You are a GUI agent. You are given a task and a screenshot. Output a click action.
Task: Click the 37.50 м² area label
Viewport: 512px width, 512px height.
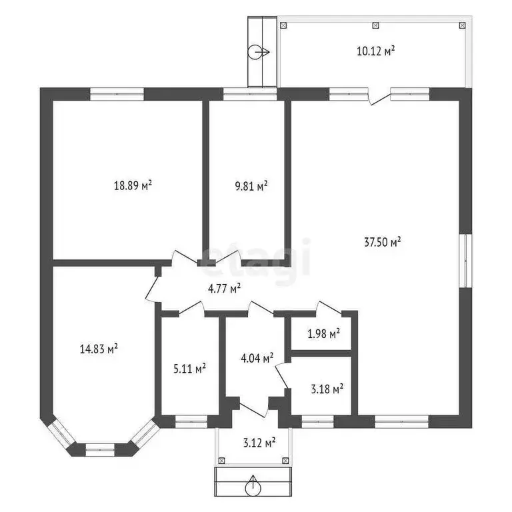(383, 242)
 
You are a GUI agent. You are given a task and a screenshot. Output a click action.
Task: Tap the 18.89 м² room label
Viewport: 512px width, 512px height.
(133, 185)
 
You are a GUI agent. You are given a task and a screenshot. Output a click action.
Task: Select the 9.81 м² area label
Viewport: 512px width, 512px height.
(251, 186)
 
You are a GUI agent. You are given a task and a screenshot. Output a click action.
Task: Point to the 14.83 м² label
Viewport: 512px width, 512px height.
(99, 349)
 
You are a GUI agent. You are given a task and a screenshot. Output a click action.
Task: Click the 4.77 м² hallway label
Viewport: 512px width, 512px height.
(224, 288)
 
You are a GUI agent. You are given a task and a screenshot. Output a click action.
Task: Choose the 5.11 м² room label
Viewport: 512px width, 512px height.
(189, 369)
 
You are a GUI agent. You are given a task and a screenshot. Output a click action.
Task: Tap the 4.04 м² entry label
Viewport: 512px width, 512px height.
(257, 358)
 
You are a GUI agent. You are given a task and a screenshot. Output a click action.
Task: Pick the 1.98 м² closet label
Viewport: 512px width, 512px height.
(323, 334)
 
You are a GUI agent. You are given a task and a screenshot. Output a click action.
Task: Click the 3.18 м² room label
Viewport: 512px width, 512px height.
(327, 389)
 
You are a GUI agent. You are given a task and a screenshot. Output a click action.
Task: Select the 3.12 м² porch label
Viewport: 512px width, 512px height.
(259, 443)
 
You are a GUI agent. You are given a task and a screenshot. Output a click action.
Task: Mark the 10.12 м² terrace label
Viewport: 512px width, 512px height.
(376, 51)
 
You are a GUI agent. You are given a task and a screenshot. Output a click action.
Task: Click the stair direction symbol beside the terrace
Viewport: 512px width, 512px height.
(258, 52)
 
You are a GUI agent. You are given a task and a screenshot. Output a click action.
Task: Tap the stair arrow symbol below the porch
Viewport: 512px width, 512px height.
(253, 486)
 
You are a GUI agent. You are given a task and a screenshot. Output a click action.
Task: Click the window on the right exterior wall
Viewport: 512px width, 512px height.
(465, 261)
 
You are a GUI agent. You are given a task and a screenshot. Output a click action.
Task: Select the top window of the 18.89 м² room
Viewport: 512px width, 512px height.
(117, 94)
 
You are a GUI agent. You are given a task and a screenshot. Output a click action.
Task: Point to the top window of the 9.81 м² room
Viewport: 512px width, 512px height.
(250, 94)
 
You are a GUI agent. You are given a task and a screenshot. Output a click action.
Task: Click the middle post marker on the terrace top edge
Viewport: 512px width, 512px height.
(376, 25)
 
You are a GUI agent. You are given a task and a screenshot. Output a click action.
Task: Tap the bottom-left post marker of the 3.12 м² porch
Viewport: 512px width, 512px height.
(222, 461)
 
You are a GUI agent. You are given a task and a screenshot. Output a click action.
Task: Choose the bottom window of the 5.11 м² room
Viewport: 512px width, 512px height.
(191, 422)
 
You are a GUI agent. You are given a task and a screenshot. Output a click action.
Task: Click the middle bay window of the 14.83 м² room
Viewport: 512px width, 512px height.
(100, 449)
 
